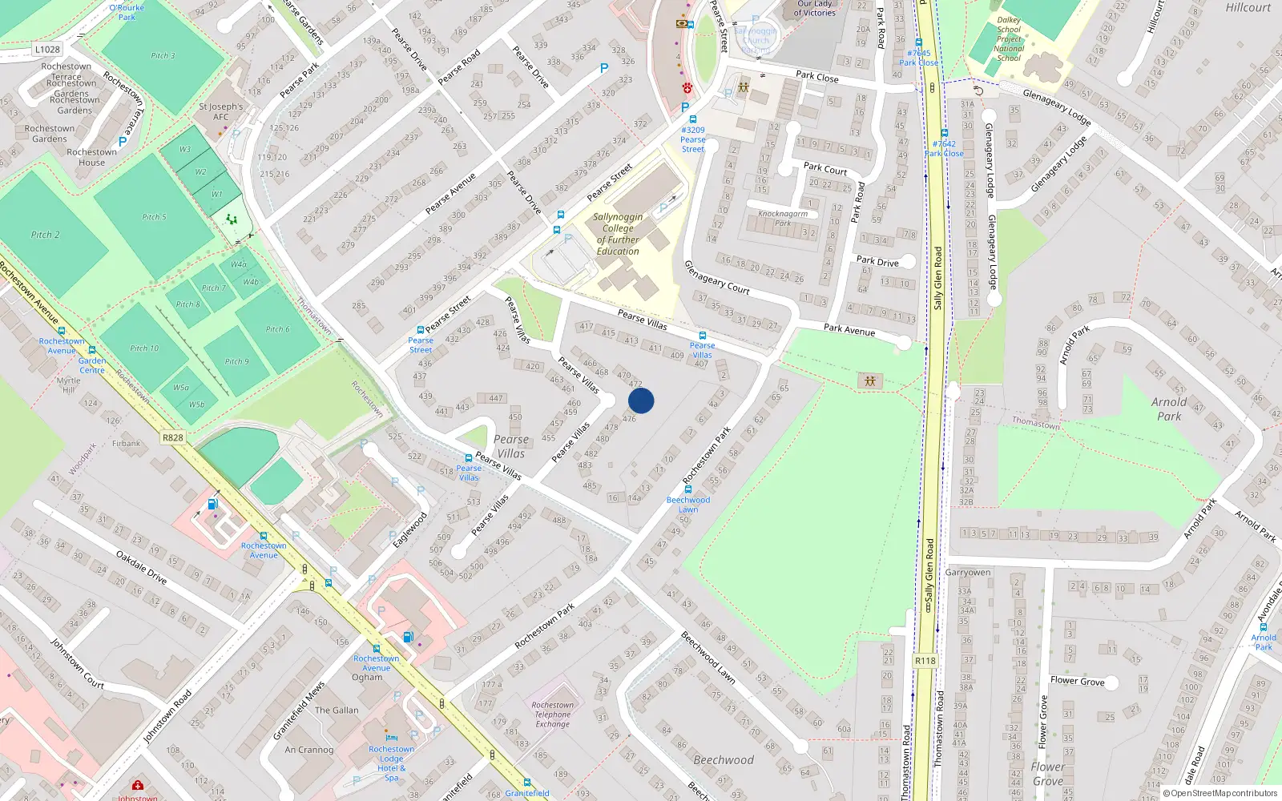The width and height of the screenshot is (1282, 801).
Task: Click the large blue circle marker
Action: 641,400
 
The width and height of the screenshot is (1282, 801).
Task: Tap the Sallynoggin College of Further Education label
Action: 618,234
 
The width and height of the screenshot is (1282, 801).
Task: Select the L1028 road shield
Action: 47,49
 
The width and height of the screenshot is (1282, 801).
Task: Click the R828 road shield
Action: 172,437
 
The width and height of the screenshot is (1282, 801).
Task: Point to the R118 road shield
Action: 925,661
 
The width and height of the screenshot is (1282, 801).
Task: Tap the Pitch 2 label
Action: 45,235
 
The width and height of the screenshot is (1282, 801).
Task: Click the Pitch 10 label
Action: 144,348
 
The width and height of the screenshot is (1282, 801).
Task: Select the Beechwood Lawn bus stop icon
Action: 688,489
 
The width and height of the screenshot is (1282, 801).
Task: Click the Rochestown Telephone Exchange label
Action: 552,714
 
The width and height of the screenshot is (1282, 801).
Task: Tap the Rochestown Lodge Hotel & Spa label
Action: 391,763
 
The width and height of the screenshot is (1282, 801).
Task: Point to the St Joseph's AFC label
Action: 220,111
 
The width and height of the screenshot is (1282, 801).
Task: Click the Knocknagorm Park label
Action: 783,218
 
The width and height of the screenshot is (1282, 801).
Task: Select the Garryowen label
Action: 968,572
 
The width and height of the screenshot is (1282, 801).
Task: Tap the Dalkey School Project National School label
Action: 1009,39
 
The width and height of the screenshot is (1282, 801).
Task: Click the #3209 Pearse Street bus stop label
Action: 693,139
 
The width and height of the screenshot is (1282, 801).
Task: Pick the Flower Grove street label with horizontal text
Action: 1077,681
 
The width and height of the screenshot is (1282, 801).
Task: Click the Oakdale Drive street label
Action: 141,567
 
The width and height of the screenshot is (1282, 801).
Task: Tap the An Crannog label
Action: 308,750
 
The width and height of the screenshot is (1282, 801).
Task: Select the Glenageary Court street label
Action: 716,278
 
